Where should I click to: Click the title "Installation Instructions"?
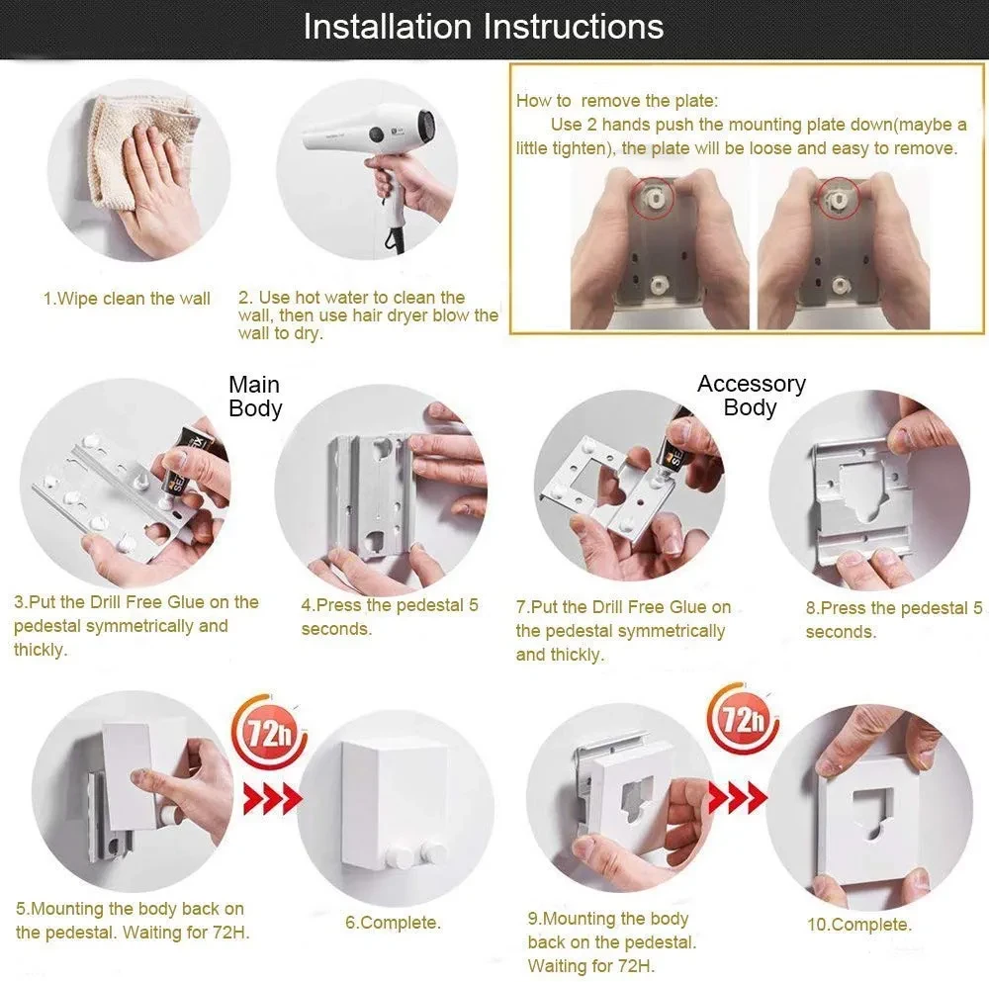coord(484,27)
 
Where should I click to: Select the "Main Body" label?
coord(255,397)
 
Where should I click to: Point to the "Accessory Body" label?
coord(752,396)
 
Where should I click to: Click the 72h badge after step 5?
coord(269,732)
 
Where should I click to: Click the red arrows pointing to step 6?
coord(273,799)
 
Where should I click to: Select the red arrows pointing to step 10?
coord(738,798)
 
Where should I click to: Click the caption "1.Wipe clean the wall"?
coord(127,299)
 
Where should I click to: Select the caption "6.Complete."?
coord(393,922)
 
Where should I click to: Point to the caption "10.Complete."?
coord(859,925)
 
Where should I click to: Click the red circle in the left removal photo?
coord(653,198)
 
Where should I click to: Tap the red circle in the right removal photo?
coord(839,198)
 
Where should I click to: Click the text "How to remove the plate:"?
coord(617,101)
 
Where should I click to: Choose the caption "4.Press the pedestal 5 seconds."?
coord(389,617)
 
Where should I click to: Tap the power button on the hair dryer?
coord(377,134)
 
